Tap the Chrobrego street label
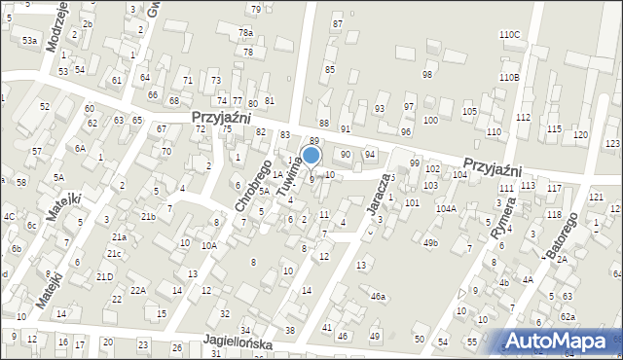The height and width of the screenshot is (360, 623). (x=251, y=185)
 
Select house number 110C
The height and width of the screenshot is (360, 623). (x=509, y=35)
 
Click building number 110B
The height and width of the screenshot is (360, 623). (x=508, y=77)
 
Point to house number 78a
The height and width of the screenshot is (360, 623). (x=245, y=33)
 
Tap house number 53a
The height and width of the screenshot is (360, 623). (x=30, y=40)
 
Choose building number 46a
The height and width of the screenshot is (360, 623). (x=378, y=296)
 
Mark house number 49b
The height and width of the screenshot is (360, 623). (x=430, y=242)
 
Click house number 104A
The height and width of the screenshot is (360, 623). (x=446, y=208)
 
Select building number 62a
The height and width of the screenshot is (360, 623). (x=568, y=317)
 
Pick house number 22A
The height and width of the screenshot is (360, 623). (x=138, y=290)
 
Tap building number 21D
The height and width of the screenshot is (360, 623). (x=104, y=277)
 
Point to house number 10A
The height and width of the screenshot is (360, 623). (x=208, y=246)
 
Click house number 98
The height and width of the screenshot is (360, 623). (x=426, y=75)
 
